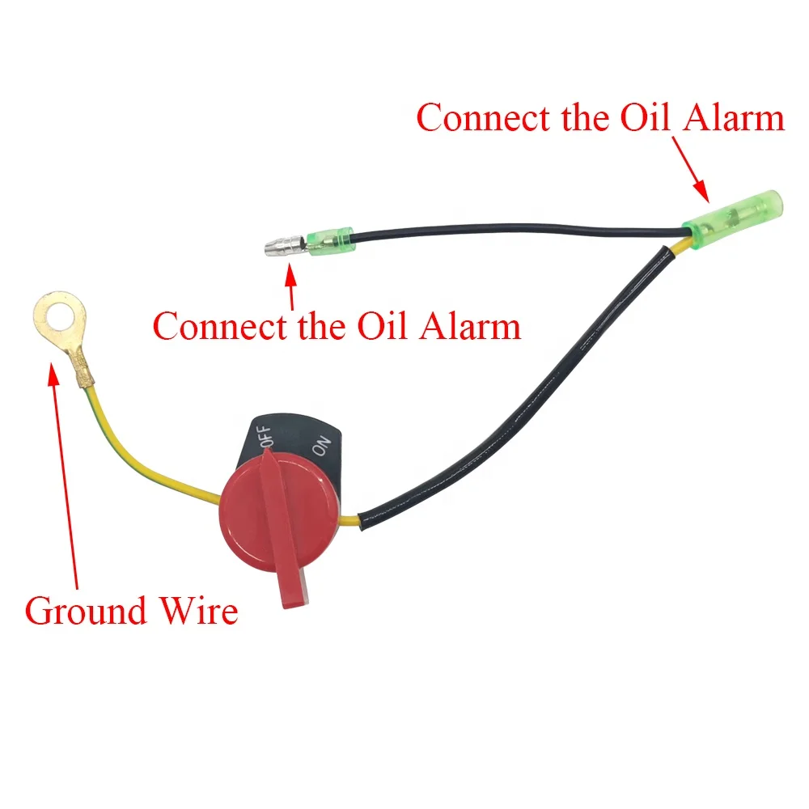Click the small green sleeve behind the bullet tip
tap(329, 238)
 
